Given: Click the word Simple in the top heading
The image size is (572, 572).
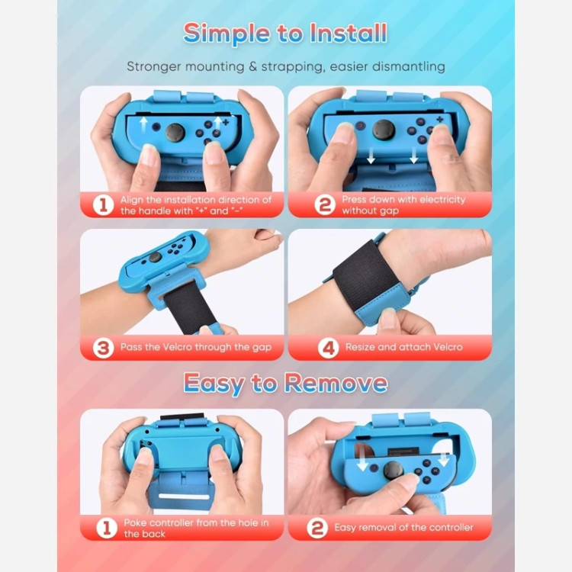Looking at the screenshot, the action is (227, 34).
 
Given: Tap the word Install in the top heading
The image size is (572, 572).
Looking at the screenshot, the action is (349, 33).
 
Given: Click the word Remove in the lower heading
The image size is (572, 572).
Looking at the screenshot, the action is (336, 383).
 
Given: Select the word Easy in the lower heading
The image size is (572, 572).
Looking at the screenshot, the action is (214, 384).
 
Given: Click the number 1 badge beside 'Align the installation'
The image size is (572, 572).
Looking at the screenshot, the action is (103, 205).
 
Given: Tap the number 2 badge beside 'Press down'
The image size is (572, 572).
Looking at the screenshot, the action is (325, 205).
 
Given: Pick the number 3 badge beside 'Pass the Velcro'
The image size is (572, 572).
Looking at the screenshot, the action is (103, 348).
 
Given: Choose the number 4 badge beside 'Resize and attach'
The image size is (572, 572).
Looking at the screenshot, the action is (328, 348).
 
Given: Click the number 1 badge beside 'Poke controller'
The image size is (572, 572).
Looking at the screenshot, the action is (107, 528).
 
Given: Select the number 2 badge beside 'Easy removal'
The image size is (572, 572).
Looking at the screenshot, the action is (317, 528).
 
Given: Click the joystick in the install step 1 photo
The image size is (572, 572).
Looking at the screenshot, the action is (175, 133).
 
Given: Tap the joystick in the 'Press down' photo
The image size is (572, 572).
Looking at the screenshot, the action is (384, 130).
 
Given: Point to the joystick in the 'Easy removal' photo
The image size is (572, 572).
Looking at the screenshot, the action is (393, 471).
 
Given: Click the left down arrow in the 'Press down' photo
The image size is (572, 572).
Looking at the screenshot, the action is (371, 156).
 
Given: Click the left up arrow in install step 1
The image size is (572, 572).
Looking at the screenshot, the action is (143, 124).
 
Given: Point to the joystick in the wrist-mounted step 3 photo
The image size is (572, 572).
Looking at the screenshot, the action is (155, 257).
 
